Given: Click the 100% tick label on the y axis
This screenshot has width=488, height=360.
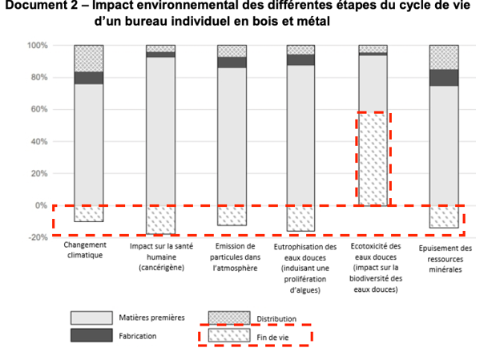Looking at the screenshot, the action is (x=38, y=46).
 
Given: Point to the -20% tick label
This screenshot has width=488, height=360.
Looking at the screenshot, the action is (x=38, y=237).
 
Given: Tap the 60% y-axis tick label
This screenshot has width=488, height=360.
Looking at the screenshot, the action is (x=39, y=109).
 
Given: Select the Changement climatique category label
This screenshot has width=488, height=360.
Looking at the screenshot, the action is (x=85, y=250).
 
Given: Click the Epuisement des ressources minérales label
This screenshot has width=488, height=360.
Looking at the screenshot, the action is (x=446, y=259).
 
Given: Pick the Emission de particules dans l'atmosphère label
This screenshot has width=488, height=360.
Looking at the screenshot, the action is (x=236, y=257).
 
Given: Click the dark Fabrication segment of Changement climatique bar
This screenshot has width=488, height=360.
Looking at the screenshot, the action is (x=89, y=78).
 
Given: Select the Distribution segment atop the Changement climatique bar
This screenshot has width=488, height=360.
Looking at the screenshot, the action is (x=89, y=59).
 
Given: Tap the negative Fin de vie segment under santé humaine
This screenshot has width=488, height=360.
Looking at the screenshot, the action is (x=161, y=220).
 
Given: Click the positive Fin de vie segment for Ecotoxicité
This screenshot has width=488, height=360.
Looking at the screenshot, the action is (x=373, y=159).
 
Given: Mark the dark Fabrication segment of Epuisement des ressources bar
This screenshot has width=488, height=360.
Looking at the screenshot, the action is (x=444, y=78).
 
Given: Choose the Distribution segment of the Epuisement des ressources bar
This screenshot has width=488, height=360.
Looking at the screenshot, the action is (x=444, y=58).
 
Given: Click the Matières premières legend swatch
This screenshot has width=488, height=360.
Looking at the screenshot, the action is (x=91, y=318).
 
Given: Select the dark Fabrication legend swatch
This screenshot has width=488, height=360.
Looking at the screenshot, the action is (x=91, y=335).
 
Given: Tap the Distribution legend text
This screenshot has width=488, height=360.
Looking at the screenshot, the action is (x=276, y=319).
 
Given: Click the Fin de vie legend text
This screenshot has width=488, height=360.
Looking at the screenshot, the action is (x=272, y=338).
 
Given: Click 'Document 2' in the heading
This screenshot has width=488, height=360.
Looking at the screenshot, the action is (x=42, y=5).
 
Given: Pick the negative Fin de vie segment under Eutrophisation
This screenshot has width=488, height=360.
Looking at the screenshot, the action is (x=300, y=219).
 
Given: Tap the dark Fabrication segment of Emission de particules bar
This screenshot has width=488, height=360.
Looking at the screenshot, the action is (x=232, y=63).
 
